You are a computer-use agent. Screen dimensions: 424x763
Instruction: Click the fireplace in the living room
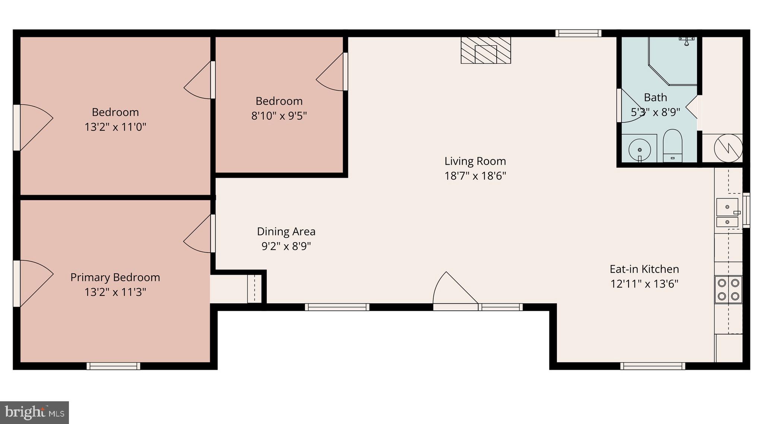(x=485, y=50)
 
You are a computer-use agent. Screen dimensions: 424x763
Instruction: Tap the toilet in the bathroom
(x=672, y=146)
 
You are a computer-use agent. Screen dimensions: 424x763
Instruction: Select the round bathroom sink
(x=640, y=150)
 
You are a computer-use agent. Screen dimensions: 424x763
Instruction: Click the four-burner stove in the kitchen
(x=728, y=289)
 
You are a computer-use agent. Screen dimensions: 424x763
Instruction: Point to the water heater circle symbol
(x=728, y=148)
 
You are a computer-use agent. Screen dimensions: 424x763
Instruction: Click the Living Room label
(x=475, y=161)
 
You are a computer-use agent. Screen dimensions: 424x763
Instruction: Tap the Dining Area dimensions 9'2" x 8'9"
(x=286, y=246)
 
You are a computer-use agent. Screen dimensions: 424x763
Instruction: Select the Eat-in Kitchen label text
(x=644, y=269)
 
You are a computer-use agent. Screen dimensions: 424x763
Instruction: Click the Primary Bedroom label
(x=115, y=277)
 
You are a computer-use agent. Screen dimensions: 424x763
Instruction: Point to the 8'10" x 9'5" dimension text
(x=279, y=116)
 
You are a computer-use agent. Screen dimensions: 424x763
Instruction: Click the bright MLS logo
(x=34, y=412)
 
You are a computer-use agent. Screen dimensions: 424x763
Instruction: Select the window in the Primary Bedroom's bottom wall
(x=113, y=366)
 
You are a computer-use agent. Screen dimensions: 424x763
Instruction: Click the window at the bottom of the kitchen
(x=652, y=366)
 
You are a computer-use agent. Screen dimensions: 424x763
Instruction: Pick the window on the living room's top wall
(x=578, y=33)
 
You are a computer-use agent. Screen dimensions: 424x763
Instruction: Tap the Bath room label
(x=655, y=98)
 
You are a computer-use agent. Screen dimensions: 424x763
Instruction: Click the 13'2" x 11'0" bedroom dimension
(x=115, y=127)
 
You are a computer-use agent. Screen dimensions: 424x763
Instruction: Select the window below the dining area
(x=337, y=307)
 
